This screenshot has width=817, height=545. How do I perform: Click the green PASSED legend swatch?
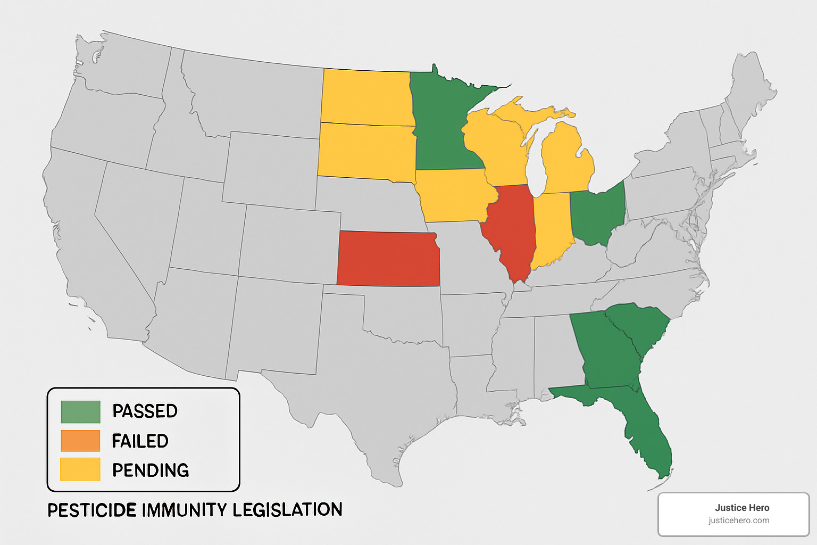click(x=80, y=411)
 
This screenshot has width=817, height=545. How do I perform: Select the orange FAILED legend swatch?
click(x=80, y=441)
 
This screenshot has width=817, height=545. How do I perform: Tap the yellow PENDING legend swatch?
click(x=80, y=469)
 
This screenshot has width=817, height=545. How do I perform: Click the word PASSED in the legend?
click(x=145, y=411)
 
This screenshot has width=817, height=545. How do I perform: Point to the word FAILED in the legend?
click(x=140, y=441)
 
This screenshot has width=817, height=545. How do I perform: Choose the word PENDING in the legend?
click(x=151, y=470)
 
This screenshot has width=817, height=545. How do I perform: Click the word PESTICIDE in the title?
click(x=92, y=510)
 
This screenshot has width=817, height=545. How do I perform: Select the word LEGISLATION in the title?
click(x=287, y=510)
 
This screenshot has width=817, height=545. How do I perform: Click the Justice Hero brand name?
click(x=742, y=508)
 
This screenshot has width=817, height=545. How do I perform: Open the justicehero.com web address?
click(x=739, y=521)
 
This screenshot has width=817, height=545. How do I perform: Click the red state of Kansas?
click(x=388, y=259)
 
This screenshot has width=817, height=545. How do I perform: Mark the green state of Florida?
click(x=646, y=431)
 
